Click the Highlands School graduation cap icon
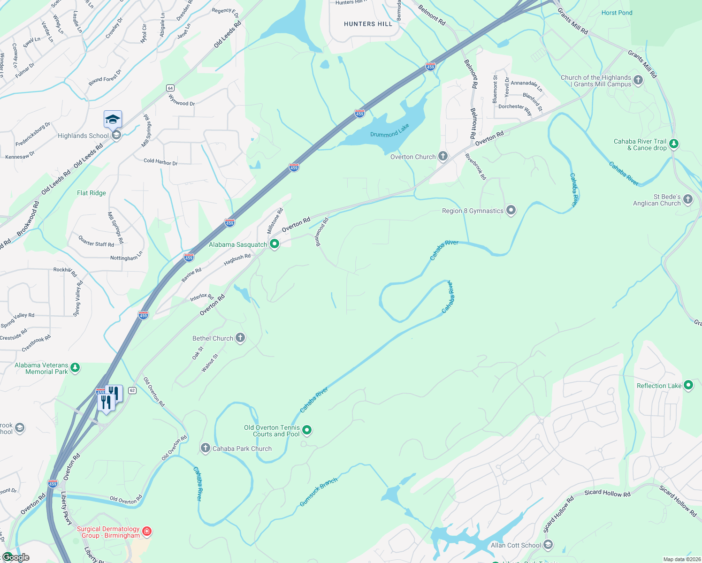113,119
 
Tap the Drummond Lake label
389,131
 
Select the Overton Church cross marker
443,156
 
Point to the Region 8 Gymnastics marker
511,210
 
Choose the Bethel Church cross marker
240,338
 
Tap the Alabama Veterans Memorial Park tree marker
75,368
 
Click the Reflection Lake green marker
688,385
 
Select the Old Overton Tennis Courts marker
307,430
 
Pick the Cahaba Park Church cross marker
206,448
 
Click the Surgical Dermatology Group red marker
147,532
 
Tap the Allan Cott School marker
548,545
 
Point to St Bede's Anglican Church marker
688,199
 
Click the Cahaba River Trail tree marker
674,144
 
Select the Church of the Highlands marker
638,80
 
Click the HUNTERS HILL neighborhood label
368,24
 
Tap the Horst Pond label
617,13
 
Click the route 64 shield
170,88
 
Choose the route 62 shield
132,390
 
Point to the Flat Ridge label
92,193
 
